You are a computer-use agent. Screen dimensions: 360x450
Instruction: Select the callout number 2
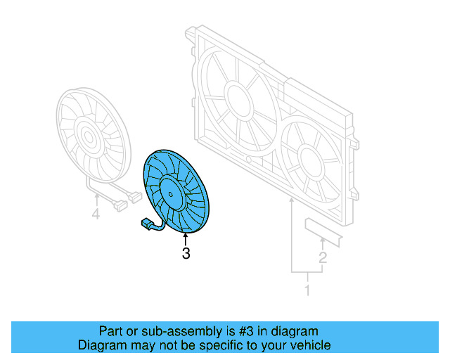(x=323, y=258)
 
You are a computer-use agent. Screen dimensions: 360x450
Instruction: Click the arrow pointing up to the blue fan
(x=186, y=240)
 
